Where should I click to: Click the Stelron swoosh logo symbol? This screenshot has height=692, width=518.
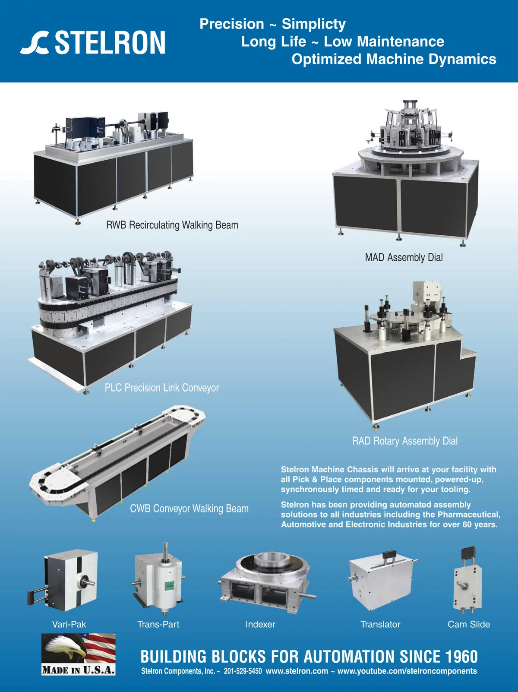click(x=35, y=43)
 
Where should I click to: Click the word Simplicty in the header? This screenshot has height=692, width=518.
click(x=313, y=25)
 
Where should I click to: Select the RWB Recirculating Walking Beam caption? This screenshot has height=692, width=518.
click(x=172, y=225)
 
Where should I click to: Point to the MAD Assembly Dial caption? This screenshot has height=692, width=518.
click(x=404, y=258)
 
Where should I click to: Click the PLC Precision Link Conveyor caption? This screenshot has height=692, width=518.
click(x=162, y=388)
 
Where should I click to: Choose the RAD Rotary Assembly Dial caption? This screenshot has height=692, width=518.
click(x=405, y=441)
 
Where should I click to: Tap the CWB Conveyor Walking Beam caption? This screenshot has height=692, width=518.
click(x=189, y=509)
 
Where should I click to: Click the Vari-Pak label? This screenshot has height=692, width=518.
click(x=69, y=624)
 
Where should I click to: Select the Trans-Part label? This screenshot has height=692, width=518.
click(x=158, y=624)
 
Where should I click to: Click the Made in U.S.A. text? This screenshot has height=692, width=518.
click(x=79, y=670)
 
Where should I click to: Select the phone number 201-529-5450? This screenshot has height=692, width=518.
click(x=243, y=671)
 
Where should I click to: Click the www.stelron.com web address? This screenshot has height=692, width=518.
click(x=297, y=671)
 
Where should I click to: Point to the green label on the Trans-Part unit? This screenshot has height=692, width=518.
click(x=169, y=586)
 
